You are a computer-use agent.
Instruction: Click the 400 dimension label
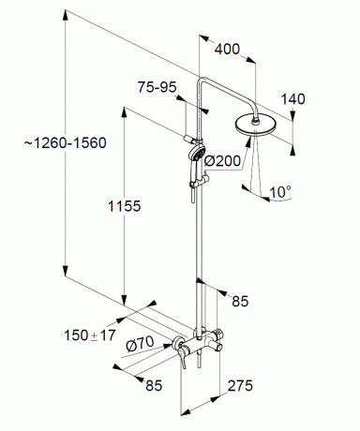(227, 50)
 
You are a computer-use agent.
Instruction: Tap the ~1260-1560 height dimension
(66, 143)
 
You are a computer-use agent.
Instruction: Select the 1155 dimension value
(125, 206)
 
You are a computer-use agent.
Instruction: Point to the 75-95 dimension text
(157, 87)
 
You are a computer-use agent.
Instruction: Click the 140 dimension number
(292, 99)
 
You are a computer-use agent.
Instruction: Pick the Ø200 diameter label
(222, 161)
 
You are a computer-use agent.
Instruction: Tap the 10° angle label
(280, 191)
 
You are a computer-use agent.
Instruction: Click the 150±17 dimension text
(90, 335)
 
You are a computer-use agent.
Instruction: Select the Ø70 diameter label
(140, 344)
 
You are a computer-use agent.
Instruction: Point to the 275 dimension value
(240, 386)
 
